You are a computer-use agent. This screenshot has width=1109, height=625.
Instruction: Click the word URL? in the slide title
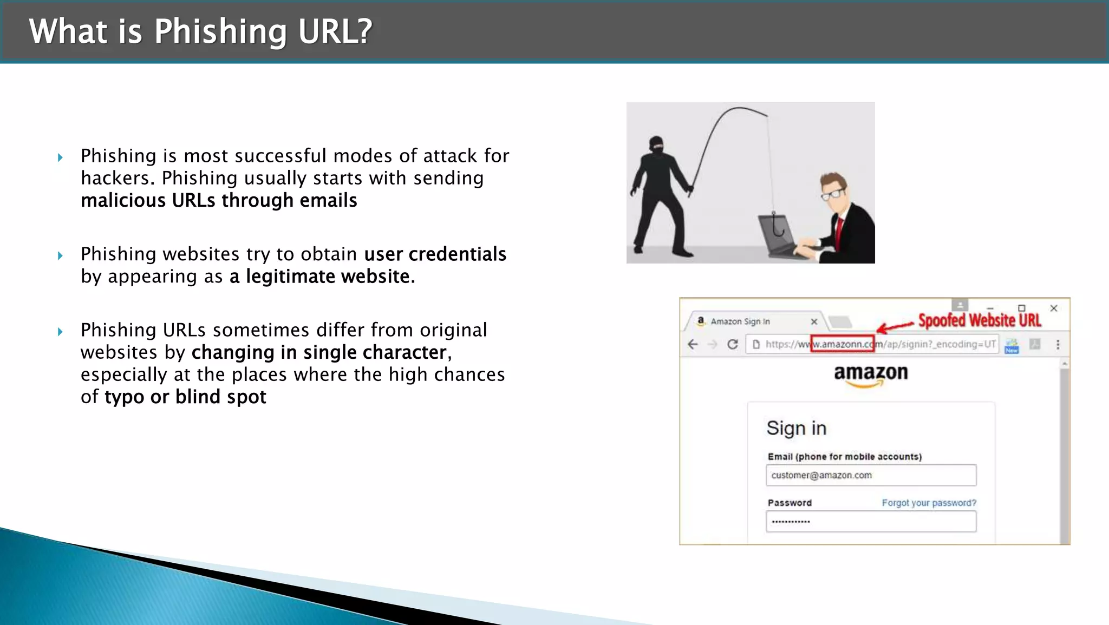tap(335, 31)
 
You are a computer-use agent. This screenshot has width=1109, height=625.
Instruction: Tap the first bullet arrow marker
tap(60, 157)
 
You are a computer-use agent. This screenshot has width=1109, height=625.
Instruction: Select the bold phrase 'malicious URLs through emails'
tap(219, 201)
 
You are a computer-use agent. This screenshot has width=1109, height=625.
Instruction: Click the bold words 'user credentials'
tap(435, 254)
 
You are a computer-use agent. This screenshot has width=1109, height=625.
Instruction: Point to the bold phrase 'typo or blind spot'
tap(185, 397)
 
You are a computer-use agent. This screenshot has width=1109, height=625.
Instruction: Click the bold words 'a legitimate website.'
tap(322, 277)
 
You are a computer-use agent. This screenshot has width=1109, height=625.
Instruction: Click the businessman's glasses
tap(833, 194)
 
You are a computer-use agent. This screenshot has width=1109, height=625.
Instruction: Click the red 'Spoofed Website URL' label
tap(979, 320)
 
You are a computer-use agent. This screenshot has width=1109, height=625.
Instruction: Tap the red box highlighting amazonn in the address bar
tap(842, 344)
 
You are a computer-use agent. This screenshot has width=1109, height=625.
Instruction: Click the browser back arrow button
tap(693, 344)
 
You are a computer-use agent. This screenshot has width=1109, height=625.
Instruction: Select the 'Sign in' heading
tap(796, 428)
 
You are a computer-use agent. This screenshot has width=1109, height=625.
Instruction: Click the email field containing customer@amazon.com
tap(871, 475)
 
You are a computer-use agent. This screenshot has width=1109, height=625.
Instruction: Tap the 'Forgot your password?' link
tap(929, 503)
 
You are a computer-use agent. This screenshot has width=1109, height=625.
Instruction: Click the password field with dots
tap(871, 522)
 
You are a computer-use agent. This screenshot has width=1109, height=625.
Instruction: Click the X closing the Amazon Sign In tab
tap(814, 321)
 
